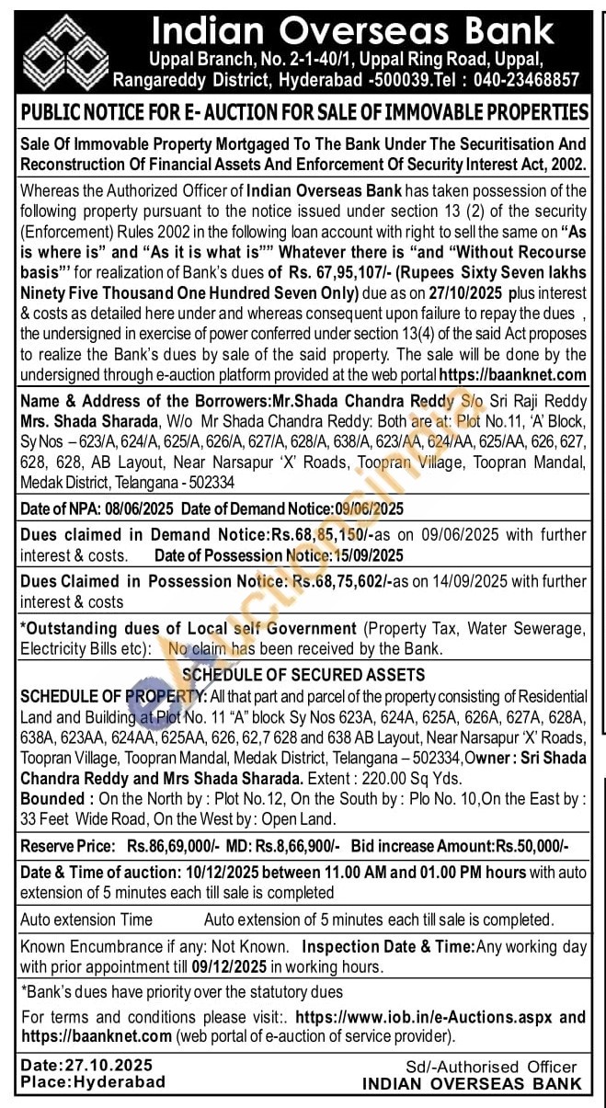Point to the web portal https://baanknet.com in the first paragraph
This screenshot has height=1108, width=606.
pyautogui.click(x=513, y=374)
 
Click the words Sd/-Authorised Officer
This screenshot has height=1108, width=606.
pyautogui.click(x=492, y=1067)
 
